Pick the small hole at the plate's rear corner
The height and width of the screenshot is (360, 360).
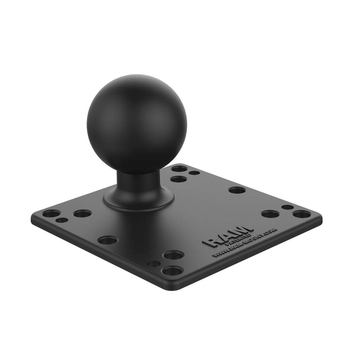pyautogui.click(x=194, y=173)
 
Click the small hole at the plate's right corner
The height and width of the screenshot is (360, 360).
pyautogui.click(x=287, y=207)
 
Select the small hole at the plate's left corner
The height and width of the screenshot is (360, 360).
pyautogui.click(x=62, y=220)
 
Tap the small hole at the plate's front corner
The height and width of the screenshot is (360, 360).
pyautogui.click(x=154, y=264)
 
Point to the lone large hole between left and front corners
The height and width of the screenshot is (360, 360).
pyautogui.click(x=108, y=240)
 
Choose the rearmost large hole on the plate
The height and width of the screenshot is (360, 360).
pyautogui.click(x=179, y=168)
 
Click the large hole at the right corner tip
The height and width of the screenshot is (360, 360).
pyautogui.click(x=302, y=214)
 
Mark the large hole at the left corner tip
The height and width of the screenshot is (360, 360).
pyautogui.click(x=51, y=213)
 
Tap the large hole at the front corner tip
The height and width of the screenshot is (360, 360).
pyautogui.click(x=172, y=270)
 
